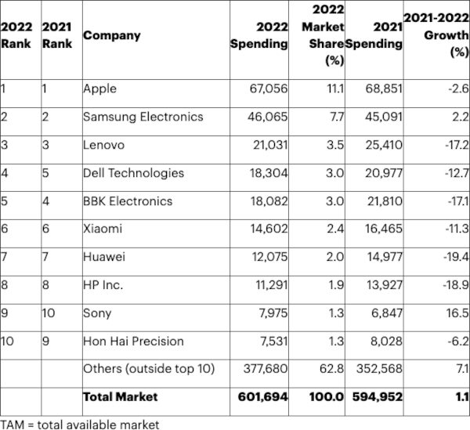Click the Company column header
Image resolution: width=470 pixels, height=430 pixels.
click(x=112, y=35)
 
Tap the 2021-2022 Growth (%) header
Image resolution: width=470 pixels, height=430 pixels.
click(x=436, y=35)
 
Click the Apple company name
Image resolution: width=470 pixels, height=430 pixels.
click(x=99, y=89)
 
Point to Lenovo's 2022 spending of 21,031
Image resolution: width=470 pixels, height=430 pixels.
click(x=267, y=145)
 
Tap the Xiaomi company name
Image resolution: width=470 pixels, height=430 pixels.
click(x=103, y=229)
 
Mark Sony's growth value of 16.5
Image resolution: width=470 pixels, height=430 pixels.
click(x=457, y=313)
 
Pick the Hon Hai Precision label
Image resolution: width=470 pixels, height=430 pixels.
click(x=133, y=341)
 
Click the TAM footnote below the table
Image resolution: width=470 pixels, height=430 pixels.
click(x=80, y=424)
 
